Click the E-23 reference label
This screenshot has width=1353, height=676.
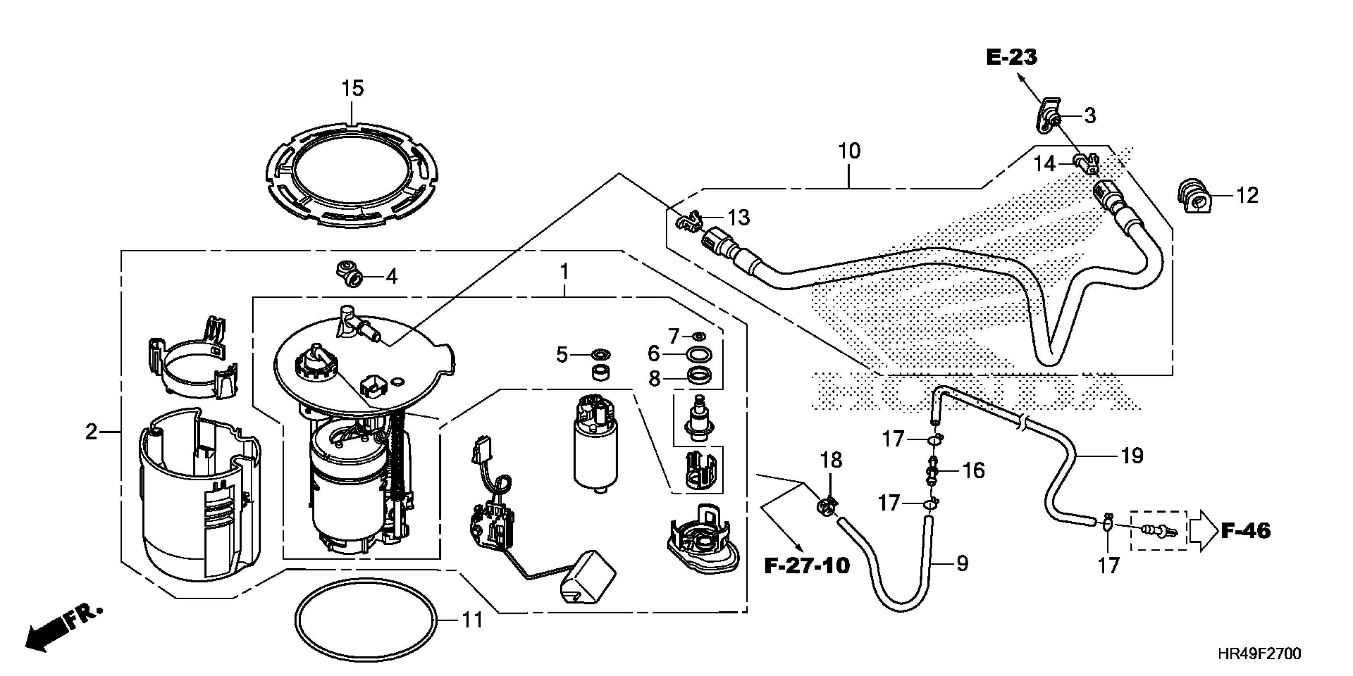click(x=1012, y=57)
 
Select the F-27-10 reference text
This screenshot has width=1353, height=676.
click(x=807, y=566)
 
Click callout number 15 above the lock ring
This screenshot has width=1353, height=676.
click(x=353, y=88)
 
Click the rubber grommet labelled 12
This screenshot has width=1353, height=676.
click(x=1194, y=196)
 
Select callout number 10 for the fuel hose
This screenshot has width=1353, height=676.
click(x=849, y=151)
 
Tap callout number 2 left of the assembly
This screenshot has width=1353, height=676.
click(x=92, y=432)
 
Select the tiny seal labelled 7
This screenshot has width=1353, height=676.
click(x=699, y=336)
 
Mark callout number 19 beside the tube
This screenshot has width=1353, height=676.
click(x=1132, y=456)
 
